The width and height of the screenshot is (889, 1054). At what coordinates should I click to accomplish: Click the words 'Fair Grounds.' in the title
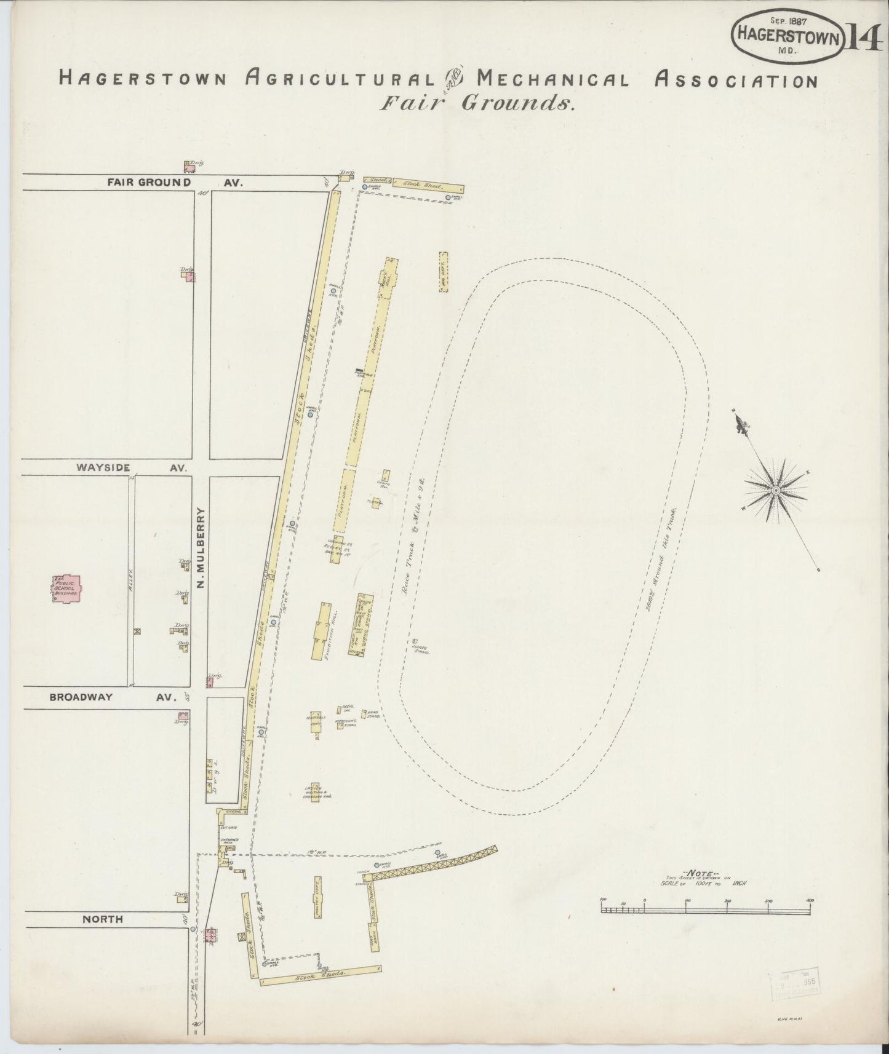(477, 103)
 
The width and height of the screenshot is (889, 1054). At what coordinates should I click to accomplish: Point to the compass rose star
(775, 489)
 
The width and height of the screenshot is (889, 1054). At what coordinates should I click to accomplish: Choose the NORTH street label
(103, 919)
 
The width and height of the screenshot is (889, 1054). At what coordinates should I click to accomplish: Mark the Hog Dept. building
(443, 271)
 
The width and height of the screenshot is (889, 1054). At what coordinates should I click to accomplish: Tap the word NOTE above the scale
(704, 872)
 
